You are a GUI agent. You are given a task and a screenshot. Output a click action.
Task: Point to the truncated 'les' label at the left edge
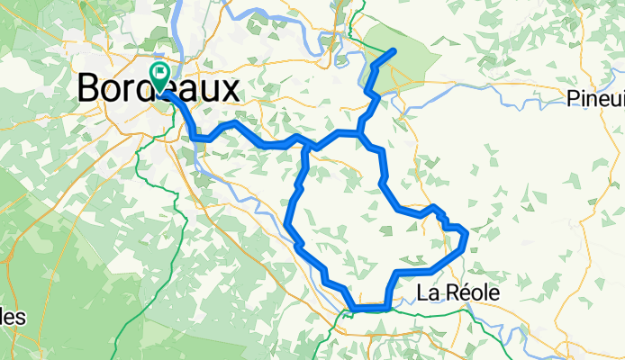point(13,317)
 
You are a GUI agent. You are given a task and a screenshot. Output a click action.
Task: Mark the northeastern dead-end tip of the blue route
point(394,50)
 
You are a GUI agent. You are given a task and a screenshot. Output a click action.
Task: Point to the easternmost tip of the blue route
point(466,236)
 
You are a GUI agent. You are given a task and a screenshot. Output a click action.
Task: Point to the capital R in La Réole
point(450,292)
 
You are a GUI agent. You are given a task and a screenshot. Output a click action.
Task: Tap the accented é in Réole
point(464,292)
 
